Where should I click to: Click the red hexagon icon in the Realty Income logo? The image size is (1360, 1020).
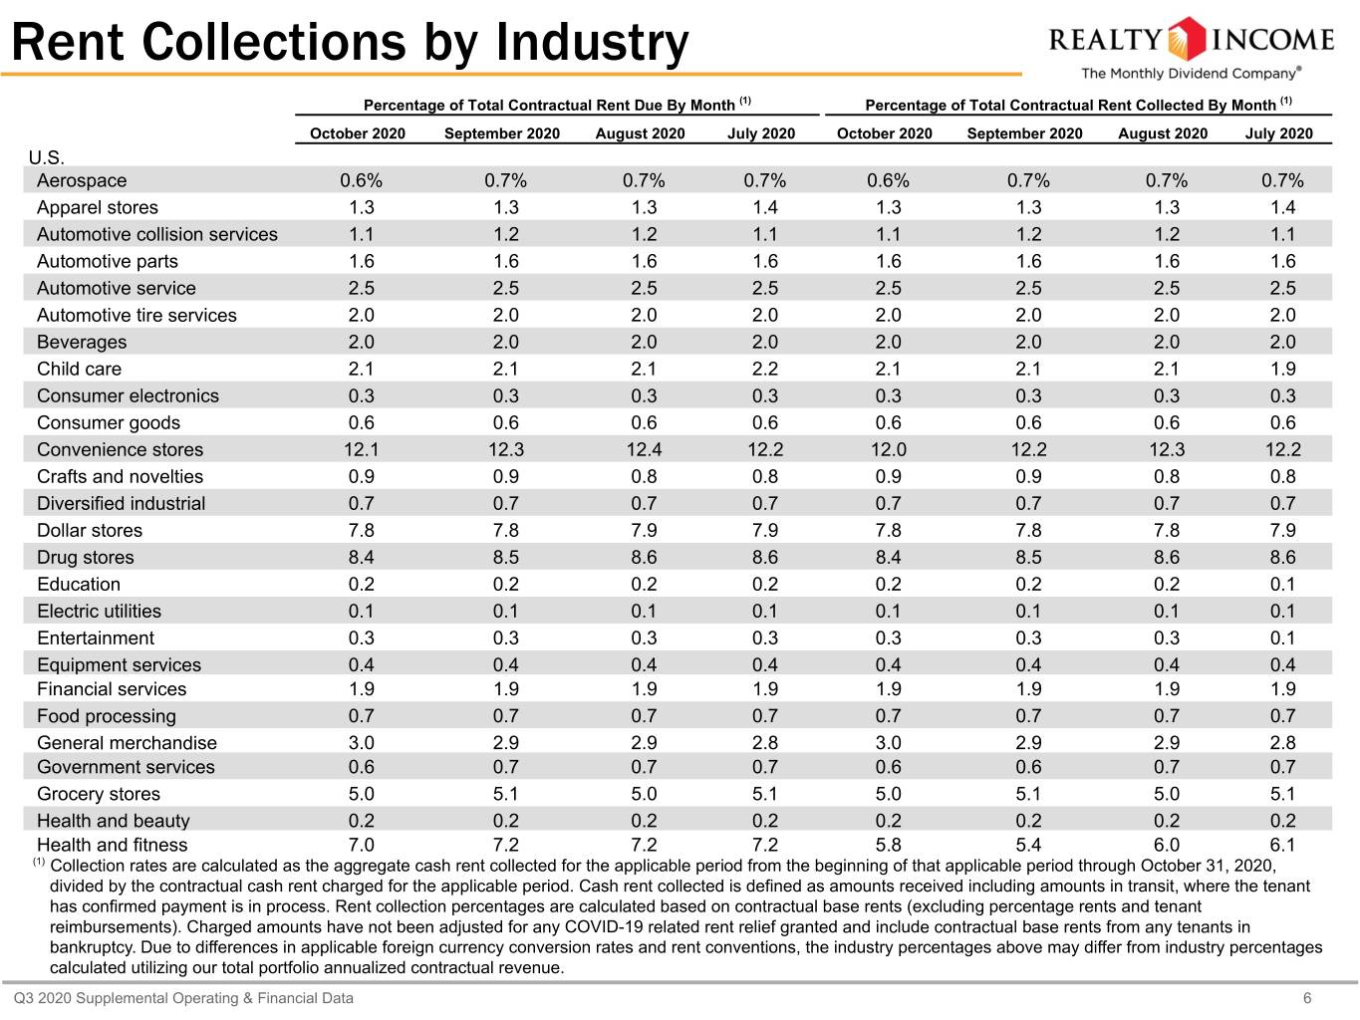pos(1187,39)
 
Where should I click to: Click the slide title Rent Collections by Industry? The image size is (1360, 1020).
pos(350,42)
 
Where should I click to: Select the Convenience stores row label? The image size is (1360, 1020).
pos(120,449)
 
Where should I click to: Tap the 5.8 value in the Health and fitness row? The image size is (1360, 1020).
pos(888,845)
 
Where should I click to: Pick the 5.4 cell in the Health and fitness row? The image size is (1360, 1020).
pos(1028,845)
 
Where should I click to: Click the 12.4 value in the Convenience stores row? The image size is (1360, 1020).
pos(644,449)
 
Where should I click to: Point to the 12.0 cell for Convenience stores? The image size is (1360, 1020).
pos(888,449)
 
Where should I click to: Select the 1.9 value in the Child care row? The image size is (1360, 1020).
pos(1282,370)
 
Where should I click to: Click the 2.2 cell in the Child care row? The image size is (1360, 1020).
pos(764,370)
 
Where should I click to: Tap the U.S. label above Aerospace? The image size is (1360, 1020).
pos(47,158)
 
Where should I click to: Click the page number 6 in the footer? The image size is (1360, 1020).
pos(1307,998)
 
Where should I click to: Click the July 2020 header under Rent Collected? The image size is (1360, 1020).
pos(1279,133)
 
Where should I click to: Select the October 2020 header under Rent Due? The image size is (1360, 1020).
pos(358,133)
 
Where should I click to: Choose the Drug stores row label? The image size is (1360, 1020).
pos(86,558)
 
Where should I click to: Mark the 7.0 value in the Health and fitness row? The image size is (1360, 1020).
pos(362,845)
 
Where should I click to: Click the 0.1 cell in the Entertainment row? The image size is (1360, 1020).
pos(1282,637)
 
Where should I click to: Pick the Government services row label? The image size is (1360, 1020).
pos(126,767)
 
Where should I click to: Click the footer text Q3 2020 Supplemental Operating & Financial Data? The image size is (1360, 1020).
pos(183,998)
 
